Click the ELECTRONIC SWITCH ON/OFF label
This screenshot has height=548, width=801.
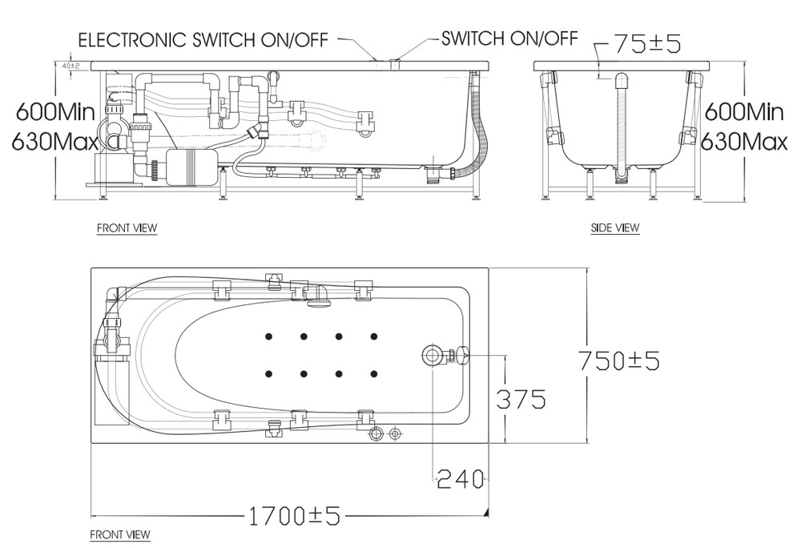[203, 40]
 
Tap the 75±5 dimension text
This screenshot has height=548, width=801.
[648, 44]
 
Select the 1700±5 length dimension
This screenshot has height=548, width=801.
[294, 516]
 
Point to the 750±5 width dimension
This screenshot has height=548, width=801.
[618, 361]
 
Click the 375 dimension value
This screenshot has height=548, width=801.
[521, 399]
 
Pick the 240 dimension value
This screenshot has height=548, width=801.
[461, 479]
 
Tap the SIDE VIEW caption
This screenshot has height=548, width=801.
[615, 228]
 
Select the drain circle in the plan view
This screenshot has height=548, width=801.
[433, 354]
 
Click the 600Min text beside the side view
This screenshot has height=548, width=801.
[744, 111]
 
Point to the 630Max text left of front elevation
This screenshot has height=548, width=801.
[54, 142]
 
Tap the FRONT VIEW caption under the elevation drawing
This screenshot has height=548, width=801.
[127, 228]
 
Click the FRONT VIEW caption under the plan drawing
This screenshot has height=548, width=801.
[120, 534]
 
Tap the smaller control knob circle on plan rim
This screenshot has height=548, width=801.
[395, 434]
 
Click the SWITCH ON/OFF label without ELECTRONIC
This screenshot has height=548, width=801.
[509, 38]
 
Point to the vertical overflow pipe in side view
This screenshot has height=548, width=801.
[622, 127]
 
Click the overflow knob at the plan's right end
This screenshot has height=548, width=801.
[462, 354]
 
